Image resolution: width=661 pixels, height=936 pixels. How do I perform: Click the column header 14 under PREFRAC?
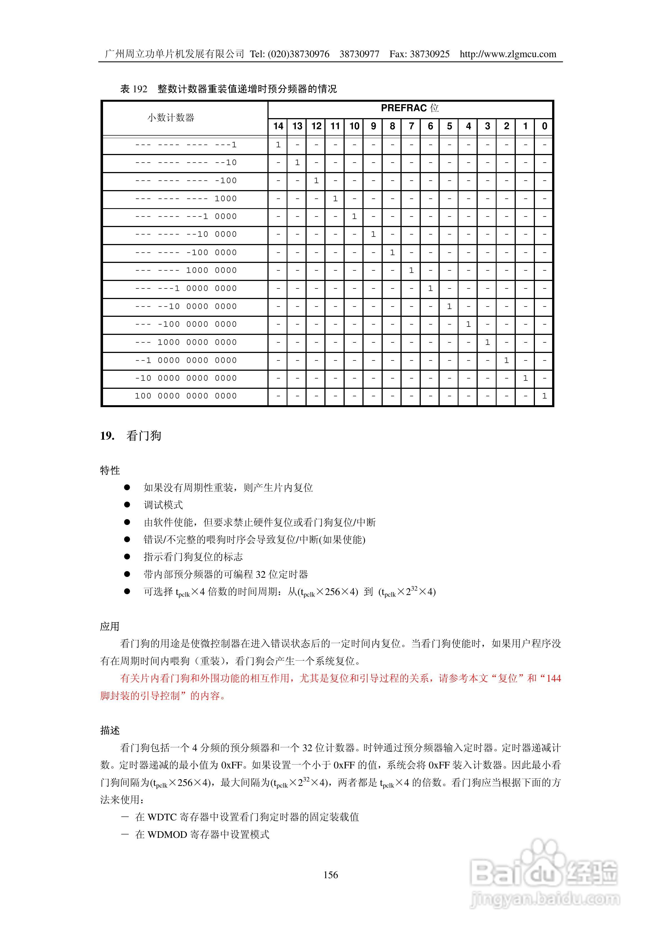click(278, 126)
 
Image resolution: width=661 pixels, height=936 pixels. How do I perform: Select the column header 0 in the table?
click(544, 126)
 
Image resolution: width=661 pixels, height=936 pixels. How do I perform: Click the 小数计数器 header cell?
click(171, 118)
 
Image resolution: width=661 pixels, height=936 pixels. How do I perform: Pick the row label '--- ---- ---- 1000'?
click(186, 198)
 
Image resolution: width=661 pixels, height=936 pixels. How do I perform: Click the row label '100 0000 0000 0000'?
click(186, 396)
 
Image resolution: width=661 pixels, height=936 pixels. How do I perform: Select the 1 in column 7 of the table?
click(411, 270)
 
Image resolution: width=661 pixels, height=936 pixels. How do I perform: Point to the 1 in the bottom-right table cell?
click(544, 396)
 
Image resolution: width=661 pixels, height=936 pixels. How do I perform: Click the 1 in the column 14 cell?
click(278, 145)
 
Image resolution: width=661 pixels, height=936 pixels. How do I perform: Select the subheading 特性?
click(110, 471)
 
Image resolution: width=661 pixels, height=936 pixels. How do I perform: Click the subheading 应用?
click(110, 627)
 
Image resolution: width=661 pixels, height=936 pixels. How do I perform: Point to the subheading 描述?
click(110, 731)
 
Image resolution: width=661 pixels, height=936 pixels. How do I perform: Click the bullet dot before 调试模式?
click(127, 505)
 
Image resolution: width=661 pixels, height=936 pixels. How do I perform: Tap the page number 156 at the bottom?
click(330, 875)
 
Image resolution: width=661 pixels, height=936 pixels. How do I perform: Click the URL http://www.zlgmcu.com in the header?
click(508, 54)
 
